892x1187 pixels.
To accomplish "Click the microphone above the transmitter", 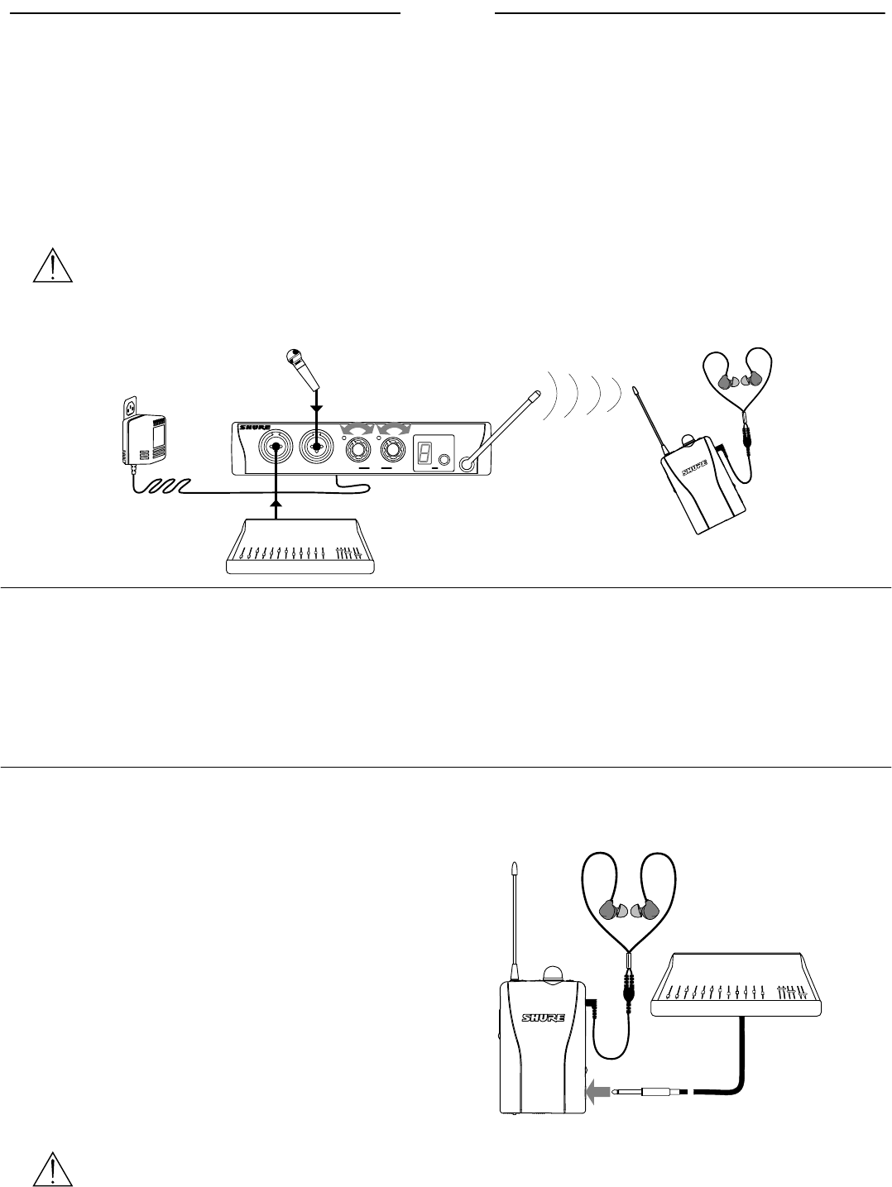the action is click(303, 370).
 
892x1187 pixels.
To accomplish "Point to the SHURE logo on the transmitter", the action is click(253, 428).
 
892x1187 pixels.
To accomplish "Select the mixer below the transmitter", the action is click(302, 545).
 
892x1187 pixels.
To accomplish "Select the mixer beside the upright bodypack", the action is click(737, 984).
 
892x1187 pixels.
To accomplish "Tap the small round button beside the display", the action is click(446, 460).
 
